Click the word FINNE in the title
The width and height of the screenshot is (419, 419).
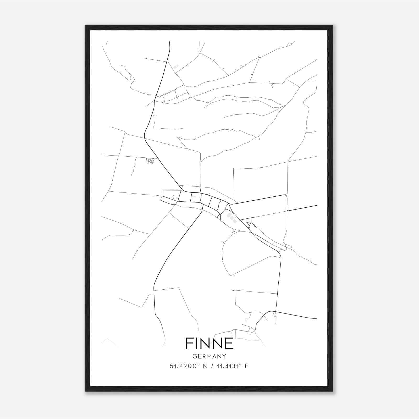tap(209, 343)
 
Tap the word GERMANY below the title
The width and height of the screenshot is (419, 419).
tap(209, 356)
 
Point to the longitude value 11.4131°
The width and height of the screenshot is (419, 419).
tap(228, 366)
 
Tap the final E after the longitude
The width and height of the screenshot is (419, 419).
tap(247, 366)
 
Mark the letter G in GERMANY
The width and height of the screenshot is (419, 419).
tap(194, 356)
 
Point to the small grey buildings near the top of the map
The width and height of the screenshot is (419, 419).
tap(175, 67)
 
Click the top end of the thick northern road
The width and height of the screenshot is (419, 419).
tap(170, 42)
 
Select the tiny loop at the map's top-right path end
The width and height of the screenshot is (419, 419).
tap(290, 45)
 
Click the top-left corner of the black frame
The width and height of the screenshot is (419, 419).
tap(86, 26)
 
